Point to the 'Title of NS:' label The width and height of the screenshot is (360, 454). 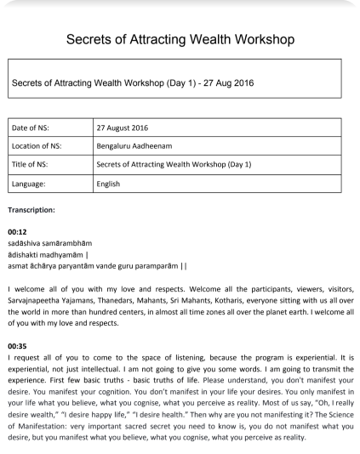point(31,164)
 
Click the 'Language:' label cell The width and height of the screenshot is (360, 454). point(31,183)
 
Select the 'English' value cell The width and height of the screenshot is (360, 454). point(109,183)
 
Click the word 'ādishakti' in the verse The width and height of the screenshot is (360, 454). point(23,254)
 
